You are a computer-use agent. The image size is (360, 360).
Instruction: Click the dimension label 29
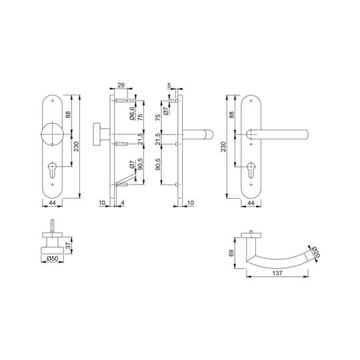pyautogui.click(x=121, y=85)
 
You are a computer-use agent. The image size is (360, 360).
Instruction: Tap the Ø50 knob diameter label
pyautogui.click(x=52, y=258)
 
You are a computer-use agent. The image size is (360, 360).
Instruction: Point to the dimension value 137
pyautogui.click(x=277, y=273)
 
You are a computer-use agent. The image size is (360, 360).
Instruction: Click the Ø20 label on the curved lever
pyautogui.click(x=316, y=252)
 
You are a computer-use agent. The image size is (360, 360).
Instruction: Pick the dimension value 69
pyautogui.click(x=231, y=253)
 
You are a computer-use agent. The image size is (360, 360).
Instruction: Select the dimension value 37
pyautogui.click(x=68, y=245)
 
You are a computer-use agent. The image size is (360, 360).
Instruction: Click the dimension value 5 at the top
pyautogui.click(x=169, y=85)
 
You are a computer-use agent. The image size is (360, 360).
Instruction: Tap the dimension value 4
pyautogui.click(x=123, y=203)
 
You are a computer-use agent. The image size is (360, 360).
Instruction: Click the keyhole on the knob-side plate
pyautogui.click(x=53, y=170)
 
